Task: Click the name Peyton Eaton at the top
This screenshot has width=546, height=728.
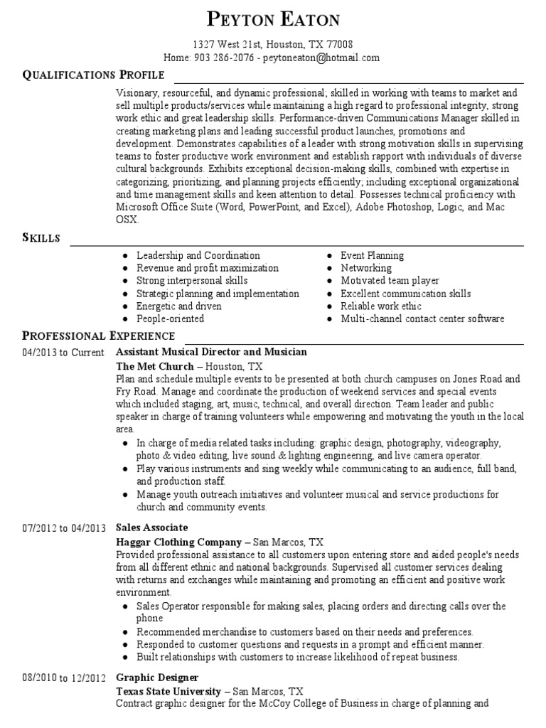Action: [273, 19]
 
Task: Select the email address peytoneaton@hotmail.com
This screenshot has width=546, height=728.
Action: [321, 58]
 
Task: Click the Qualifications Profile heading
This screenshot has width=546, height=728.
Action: [94, 75]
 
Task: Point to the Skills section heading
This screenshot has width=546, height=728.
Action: [41, 238]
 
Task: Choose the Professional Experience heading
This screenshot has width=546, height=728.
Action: [98, 336]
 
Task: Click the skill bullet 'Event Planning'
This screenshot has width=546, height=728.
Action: [372, 255]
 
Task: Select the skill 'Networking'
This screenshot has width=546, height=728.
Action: [366, 268]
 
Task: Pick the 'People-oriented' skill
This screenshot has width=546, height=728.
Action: [170, 319]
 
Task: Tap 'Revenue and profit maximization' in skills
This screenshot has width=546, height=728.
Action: [208, 268]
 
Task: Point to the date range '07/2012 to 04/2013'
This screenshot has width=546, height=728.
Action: [64, 528]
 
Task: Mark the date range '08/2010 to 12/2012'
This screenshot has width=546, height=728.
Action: [64, 678]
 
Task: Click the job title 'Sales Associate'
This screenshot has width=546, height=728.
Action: [151, 528]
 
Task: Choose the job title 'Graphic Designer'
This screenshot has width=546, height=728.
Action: [156, 678]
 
